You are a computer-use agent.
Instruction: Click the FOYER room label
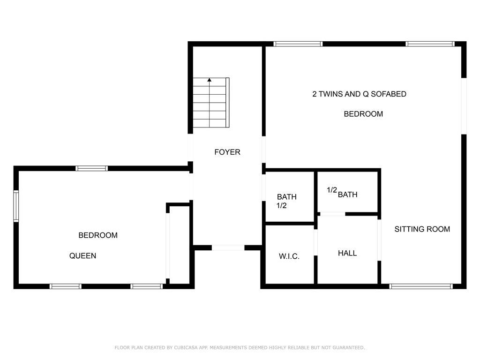click(227, 152)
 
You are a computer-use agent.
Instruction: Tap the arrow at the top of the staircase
click(209, 80)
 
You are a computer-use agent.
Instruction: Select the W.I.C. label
click(289, 256)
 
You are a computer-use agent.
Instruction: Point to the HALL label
click(347, 253)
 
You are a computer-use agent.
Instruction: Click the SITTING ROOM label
click(422, 229)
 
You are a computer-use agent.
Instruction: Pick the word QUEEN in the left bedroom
click(83, 256)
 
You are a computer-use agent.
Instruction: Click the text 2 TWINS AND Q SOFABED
click(359, 94)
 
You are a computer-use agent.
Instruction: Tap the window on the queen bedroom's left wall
click(16, 206)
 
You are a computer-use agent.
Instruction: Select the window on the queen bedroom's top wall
click(92, 168)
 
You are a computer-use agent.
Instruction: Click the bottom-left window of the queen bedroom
click(66, 286)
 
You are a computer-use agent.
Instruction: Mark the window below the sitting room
click(421, 286)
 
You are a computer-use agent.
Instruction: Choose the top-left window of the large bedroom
click(298, 44)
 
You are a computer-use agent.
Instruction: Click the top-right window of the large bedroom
click(430, 44)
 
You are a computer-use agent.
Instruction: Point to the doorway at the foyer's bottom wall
click(228, 247)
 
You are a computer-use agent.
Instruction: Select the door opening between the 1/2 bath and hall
click(332, 214)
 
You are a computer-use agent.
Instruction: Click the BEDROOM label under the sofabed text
click(363, 114)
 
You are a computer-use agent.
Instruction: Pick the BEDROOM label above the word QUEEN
click(98, 235)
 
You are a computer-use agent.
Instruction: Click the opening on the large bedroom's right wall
click(464, 106)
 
